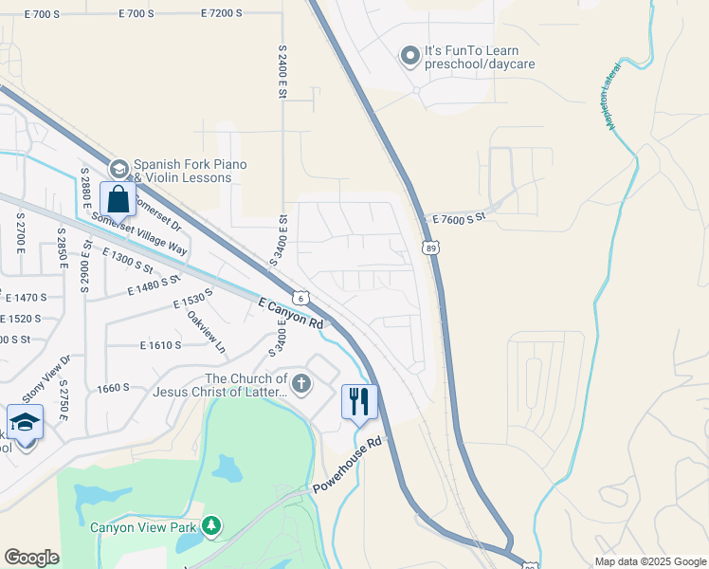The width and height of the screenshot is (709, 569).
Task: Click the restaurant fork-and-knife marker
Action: (x=359, y=401)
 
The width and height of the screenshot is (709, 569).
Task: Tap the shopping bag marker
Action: (x=118, y=200)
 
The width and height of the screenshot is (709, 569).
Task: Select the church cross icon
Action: (x=301, y=384)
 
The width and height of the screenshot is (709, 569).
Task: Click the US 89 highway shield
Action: (x=431, y=248)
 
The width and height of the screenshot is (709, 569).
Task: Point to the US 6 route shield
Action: (x=300, y=298)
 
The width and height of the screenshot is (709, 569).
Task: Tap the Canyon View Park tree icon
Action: (x=213, y=523)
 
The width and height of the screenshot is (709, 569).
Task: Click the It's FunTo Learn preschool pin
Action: (x=410, y=56)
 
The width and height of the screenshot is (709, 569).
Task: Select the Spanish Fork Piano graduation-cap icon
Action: (x=118, y=170)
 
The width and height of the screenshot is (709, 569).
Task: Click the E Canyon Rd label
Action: (x=291, y=312)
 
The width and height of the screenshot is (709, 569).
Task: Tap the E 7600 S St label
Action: (x=458, y=218)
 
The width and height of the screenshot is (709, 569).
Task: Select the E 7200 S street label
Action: (x=222, y=13)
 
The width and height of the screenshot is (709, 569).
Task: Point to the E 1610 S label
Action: (x=160, y=345)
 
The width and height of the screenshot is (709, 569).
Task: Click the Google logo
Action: (x=31, y=558)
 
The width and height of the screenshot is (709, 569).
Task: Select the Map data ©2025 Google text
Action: (x=649, y=561)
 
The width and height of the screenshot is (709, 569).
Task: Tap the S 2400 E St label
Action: (x=282, y=65)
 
